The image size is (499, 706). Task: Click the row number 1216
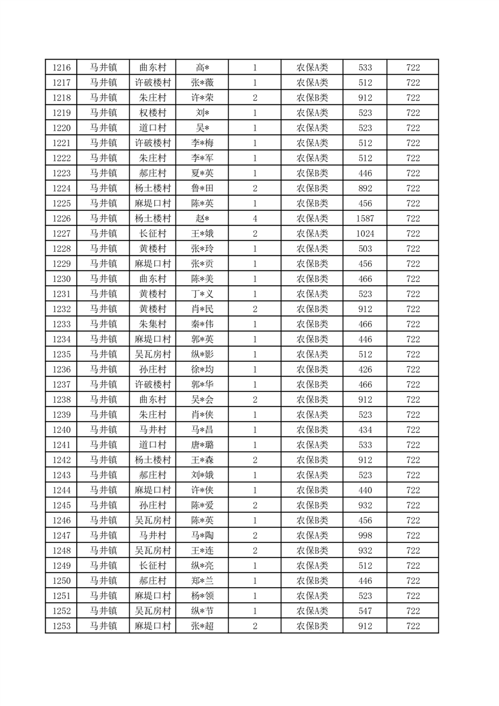coord(61,67)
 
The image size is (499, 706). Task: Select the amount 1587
coord(365,218)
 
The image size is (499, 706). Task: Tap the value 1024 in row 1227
coord(365,233)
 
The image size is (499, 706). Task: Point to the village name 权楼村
coord(153,113)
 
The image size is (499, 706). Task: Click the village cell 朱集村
coord(153,324)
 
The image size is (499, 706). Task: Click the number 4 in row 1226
coord(255,218)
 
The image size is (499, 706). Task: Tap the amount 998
coord(365,535)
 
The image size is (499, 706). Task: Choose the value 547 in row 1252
coord(365,611)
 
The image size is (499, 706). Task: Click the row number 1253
coord(61,626)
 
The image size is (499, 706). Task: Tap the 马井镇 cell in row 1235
coord(103,354)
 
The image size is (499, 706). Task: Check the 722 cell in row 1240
coord(413,430)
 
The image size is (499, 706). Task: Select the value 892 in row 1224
coord(365,188)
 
